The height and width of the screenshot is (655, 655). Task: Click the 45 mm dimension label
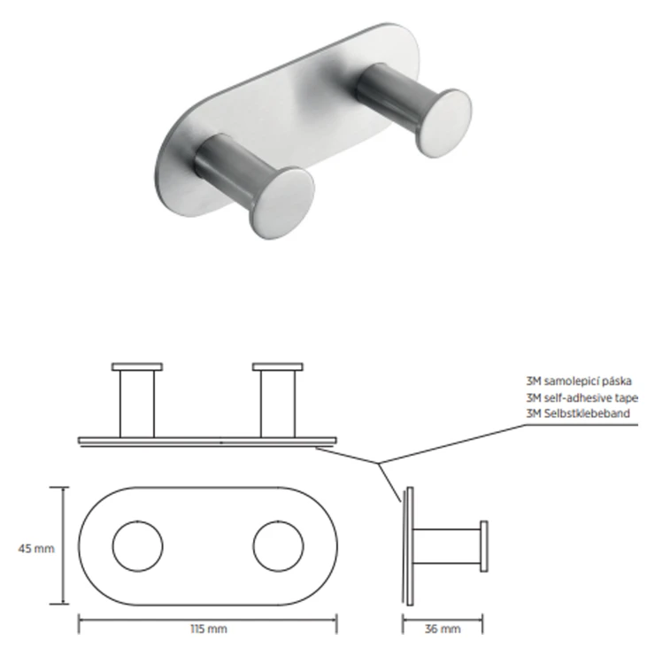(x=36, y=548)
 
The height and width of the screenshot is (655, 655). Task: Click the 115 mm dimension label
(x=209, y=628)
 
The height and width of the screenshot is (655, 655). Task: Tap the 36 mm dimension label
(x=443, y=628)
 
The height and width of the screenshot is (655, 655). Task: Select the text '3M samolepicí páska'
(x=579, y=381)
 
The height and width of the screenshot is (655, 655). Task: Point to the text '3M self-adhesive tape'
(x=582, y=397)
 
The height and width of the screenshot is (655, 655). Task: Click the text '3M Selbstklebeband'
(x=578, y=413)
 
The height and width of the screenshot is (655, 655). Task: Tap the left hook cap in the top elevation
(x=137, y=366)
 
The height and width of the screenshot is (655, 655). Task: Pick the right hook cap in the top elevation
(x=278, y=366)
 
